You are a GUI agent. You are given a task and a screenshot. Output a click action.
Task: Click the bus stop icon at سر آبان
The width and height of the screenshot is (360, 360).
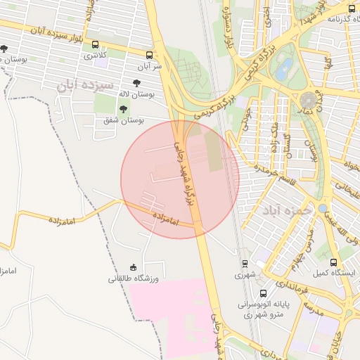click(149, 54)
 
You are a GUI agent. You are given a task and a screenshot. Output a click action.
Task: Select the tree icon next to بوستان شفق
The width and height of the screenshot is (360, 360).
click(124, 109)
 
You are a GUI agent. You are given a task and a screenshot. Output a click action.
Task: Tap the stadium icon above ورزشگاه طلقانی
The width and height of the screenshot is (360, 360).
click(133, 266)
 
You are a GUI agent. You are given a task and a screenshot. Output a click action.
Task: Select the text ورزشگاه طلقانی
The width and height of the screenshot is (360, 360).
click(134, 278)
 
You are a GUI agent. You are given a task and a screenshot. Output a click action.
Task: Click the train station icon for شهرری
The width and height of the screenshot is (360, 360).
click(245, 264)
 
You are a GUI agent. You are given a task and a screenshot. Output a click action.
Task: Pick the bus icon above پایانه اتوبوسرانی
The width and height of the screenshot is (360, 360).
click(263, 292)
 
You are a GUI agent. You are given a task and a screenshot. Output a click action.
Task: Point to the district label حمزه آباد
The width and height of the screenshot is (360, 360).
click(286, 210)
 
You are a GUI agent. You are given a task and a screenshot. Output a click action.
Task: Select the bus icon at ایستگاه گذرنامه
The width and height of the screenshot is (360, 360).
click(352, 8)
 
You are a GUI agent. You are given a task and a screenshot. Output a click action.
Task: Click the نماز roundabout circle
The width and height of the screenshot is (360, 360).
click(309, 100)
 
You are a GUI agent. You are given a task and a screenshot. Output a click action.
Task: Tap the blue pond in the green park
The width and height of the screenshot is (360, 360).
click(284, 69)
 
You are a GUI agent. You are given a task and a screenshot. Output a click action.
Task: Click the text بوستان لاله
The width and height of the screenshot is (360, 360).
click(136, 93)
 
